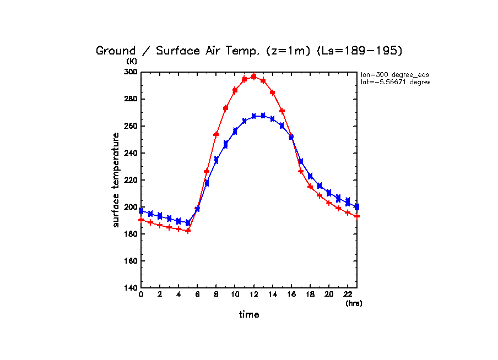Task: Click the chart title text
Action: click(249, 51)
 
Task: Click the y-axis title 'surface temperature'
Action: click(116, 179)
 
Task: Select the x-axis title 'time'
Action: click(248, 315)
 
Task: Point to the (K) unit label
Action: click(132, 62)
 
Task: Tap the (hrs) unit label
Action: click(353, 303)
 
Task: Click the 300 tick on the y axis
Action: click(131, 72)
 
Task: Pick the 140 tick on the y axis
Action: click(131, 288)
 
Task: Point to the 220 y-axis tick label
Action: click(131, 180)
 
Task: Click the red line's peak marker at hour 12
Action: click(254, 77)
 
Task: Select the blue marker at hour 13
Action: click(263, 116)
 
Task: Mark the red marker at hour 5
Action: click(188, 231)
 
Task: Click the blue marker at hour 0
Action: click(141, 211)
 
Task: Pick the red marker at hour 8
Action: click(216, 134)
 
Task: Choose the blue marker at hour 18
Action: click(310, 176)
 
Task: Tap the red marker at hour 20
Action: click(329, 203)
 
